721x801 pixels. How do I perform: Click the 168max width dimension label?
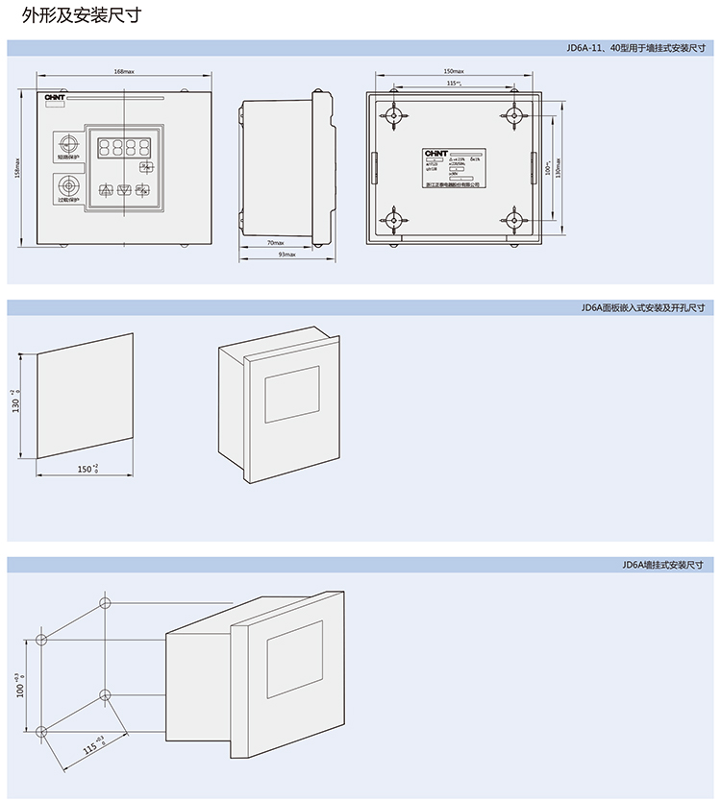click(124, 72)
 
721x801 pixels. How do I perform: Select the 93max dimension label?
click(286, 255)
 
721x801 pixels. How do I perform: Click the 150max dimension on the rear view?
click(454, 72)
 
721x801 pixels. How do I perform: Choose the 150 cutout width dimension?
click(87, 469)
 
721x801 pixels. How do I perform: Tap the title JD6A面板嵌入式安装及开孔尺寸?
click(643, 308)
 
